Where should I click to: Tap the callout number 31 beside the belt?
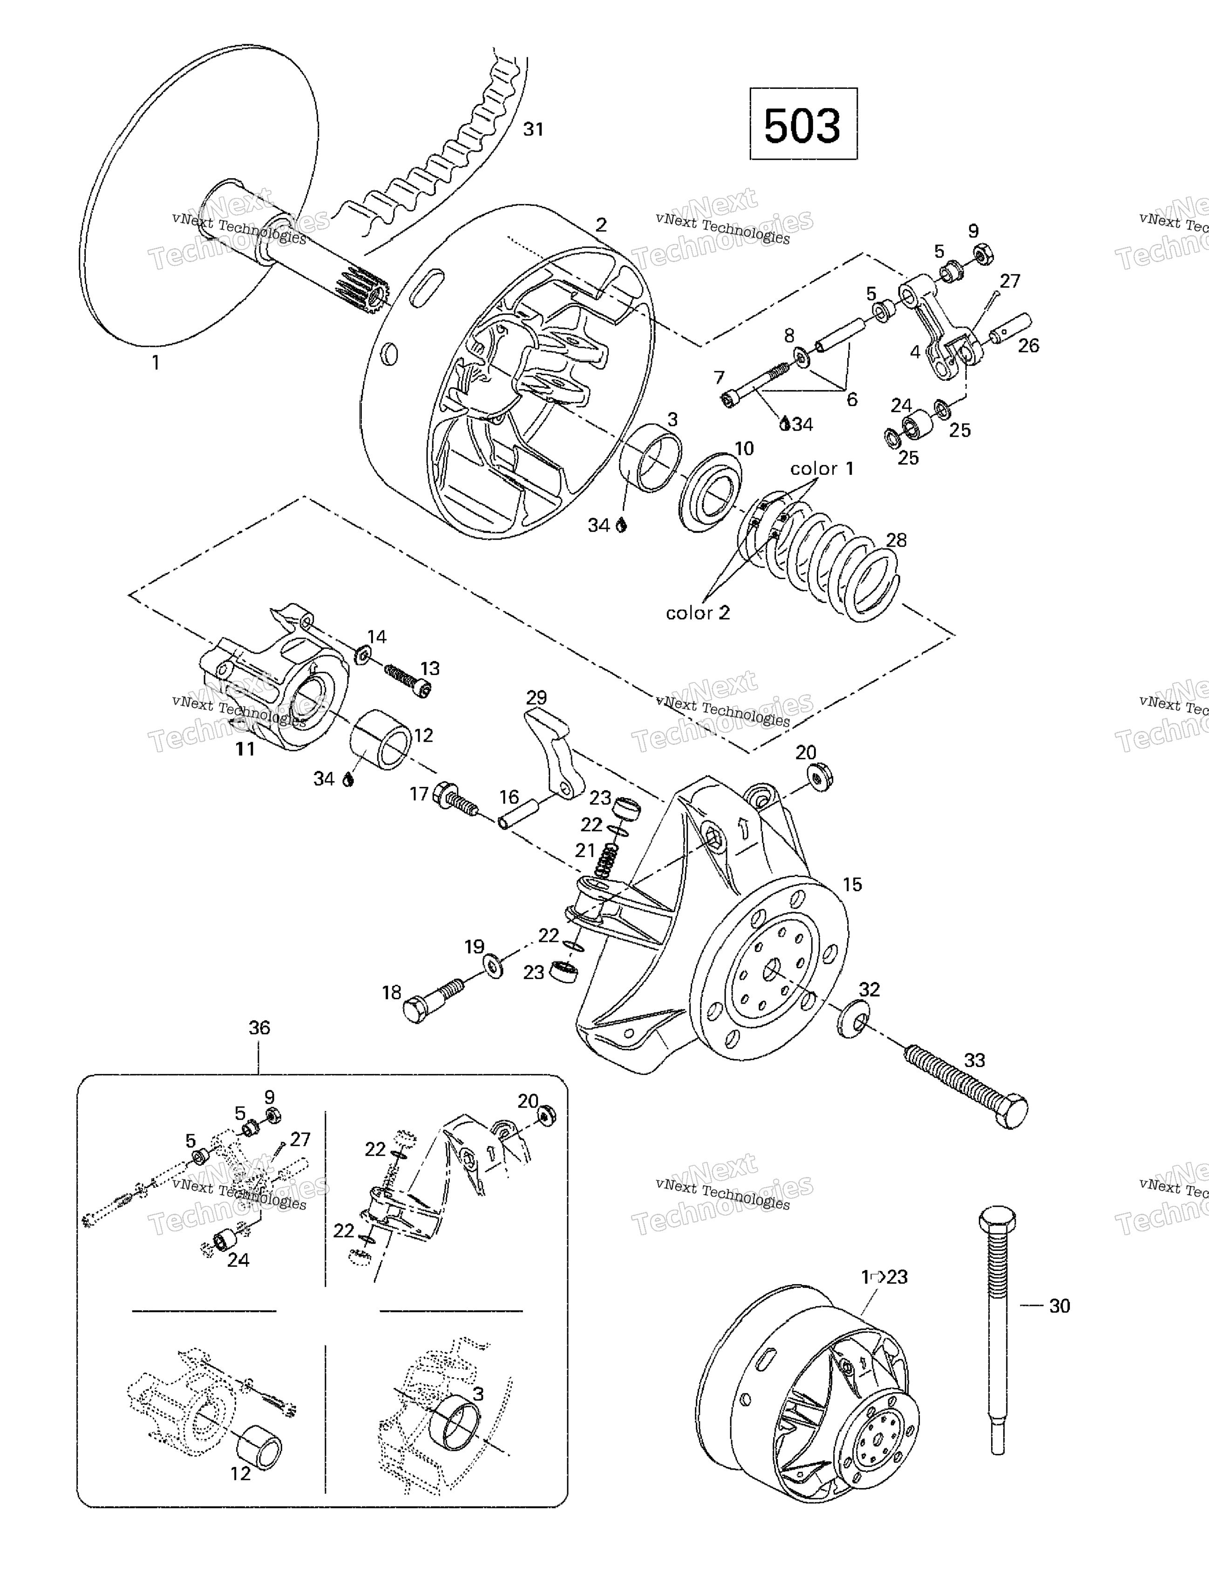tap(533, 129)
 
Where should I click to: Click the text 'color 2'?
tap(697, 613)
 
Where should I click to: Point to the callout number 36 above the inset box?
tap(259, 1028)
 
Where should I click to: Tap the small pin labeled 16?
tap(516, 815)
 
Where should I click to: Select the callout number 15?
tap(852, 884)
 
